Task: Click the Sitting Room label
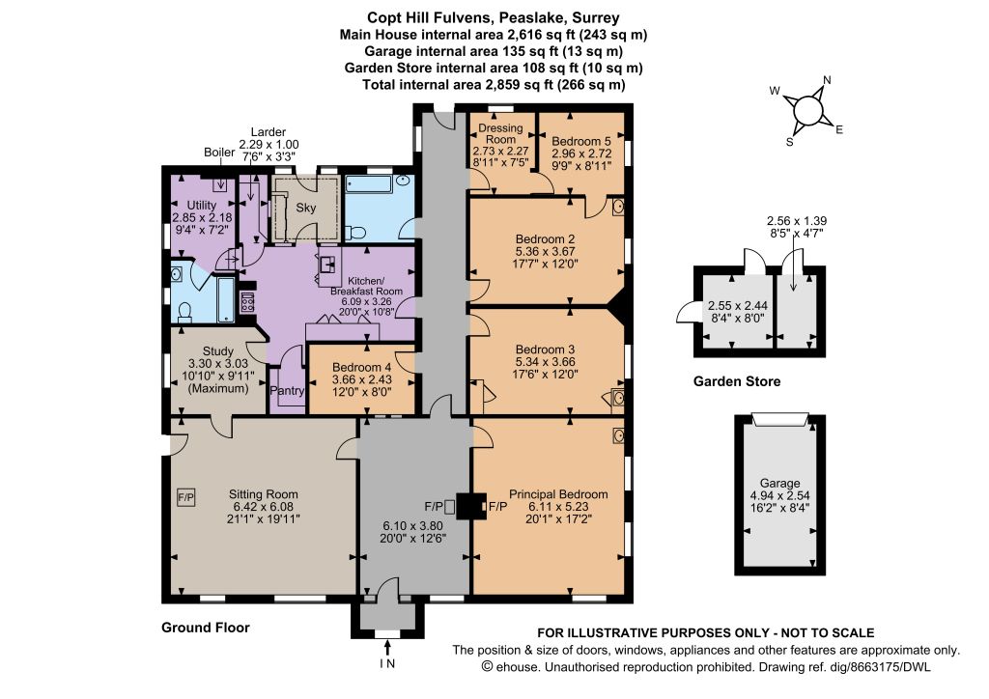(263, 494)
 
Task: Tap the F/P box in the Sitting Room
(186, 498)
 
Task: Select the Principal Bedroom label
(558, 494)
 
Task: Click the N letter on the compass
(827, 80)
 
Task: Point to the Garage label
(779, 484)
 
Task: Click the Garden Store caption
(737, 381)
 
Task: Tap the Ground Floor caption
(206, 628)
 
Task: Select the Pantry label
(287, 391)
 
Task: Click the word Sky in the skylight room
(306, 208)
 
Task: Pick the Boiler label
(219, 153)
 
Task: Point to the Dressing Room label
(501, 133)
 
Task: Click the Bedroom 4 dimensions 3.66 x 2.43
(362, 379)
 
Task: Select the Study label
(218, 351)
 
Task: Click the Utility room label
(202, 206)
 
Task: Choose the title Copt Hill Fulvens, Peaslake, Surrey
(494, 17)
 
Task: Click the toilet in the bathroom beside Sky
(356, 233)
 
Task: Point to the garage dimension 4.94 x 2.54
(779, 495)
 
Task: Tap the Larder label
(268, 132)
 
